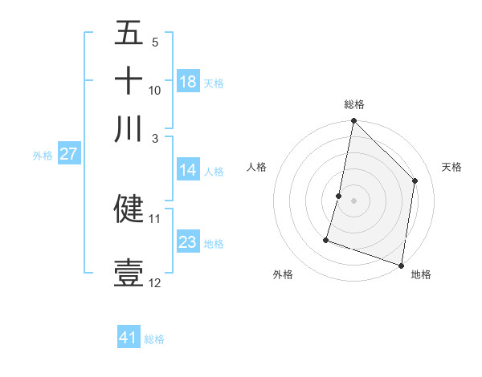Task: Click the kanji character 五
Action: (x=129, y=34)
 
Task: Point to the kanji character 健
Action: (x=129, y=209)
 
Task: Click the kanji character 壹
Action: (x=129, y=273)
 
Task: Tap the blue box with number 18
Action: (x=188, y=82)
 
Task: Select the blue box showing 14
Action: (x=188, y=170)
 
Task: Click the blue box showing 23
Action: (x=188, y=242)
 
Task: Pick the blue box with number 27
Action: (x=68, y=155)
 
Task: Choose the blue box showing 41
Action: (x=129, y=338)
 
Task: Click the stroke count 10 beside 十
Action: (x=155, y=91)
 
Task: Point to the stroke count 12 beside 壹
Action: (x=155, y=283)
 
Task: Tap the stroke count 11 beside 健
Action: (x=155, y=218)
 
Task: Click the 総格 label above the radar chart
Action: (x=354, y=104)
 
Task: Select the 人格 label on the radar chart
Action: (x=257, y=167)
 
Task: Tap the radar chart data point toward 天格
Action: (x=415, y=180)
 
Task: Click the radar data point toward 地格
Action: (x=401, y=265)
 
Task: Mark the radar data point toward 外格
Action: (x=326, y=239)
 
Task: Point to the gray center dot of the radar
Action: (x=353, y=200)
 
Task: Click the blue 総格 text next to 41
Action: (x=154, y=339)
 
